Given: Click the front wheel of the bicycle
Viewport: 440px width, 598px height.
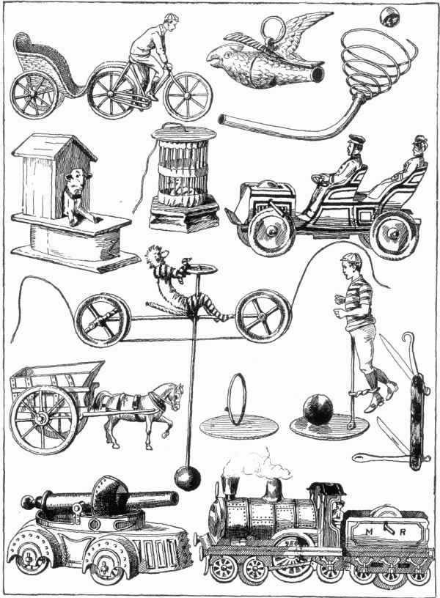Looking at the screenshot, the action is [x=188, y=96].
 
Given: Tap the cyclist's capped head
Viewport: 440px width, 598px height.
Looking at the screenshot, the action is [x=171, y=23].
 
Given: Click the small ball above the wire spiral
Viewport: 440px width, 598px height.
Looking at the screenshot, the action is [x=389, y=17].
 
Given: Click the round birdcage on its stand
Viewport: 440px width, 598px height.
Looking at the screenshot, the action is [x=184, y=177].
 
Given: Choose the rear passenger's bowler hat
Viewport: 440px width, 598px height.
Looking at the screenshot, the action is [x=419, y=139].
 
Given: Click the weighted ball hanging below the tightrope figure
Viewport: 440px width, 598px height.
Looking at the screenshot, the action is [x=188, y=478].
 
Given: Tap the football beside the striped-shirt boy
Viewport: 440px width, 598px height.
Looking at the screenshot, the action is [x=318, y=410].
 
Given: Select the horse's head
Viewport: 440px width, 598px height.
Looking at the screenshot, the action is [x=174, y=396].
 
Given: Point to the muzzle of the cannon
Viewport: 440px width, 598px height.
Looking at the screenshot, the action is [x=173, y=498].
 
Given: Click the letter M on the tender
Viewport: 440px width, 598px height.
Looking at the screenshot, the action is [x=369, y=532].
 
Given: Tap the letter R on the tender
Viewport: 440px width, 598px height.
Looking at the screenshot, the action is [x=402, y=533].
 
